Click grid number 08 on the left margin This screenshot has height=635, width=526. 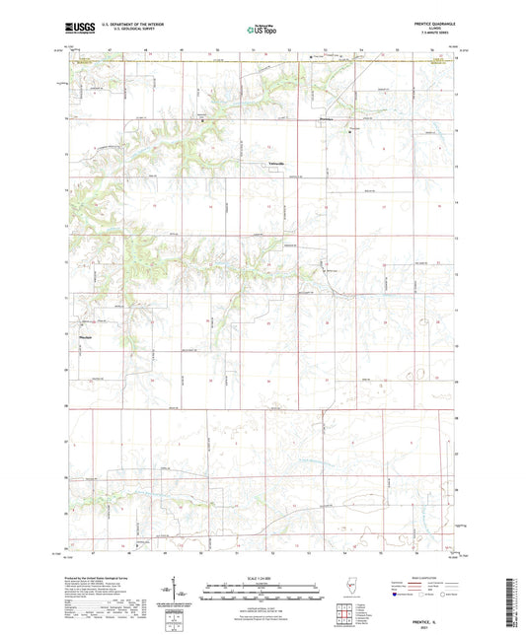(x=63, y=404)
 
